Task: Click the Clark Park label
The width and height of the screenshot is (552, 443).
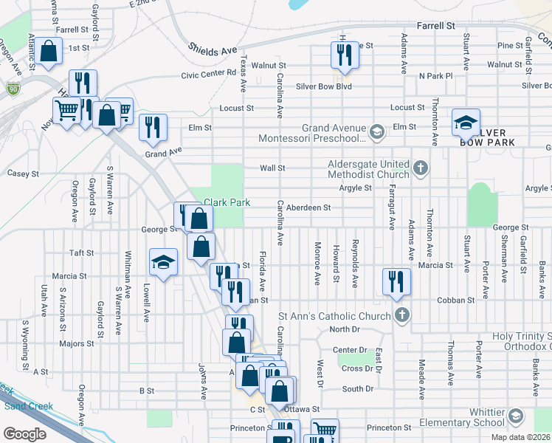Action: point(227,202)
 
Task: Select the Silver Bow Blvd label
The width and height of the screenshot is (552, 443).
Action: point(324,86)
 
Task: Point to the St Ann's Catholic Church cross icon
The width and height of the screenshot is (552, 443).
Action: point(402,316)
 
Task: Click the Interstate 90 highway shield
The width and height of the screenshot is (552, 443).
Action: point(13,89)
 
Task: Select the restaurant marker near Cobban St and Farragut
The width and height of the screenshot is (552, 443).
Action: point(396,281)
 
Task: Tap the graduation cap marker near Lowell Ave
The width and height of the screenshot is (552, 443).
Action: point(164,261)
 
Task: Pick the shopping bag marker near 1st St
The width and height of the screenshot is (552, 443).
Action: point(49,52)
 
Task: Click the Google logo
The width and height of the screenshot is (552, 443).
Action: point(24,433)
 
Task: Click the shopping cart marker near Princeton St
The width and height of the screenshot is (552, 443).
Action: point(324,430)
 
